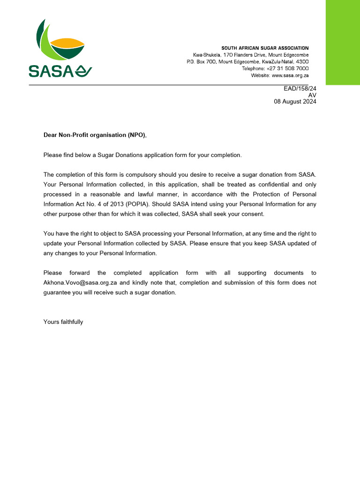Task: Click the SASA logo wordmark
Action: click(x=55, y=71)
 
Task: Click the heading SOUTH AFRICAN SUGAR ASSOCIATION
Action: click(x=265, y=48)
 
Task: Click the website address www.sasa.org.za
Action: click(x=290, y=75)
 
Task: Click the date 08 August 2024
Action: click(x=295, y=102)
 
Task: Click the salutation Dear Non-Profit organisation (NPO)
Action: click(x=95, y=135)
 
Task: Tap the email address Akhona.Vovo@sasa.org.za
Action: click(x=80, y=283)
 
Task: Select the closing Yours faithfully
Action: click(x=63, y=322)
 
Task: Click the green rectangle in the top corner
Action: click(x=343, y=42)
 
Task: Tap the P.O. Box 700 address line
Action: click(x=247, y=62)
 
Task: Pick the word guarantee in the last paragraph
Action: click(x=58, y=292)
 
